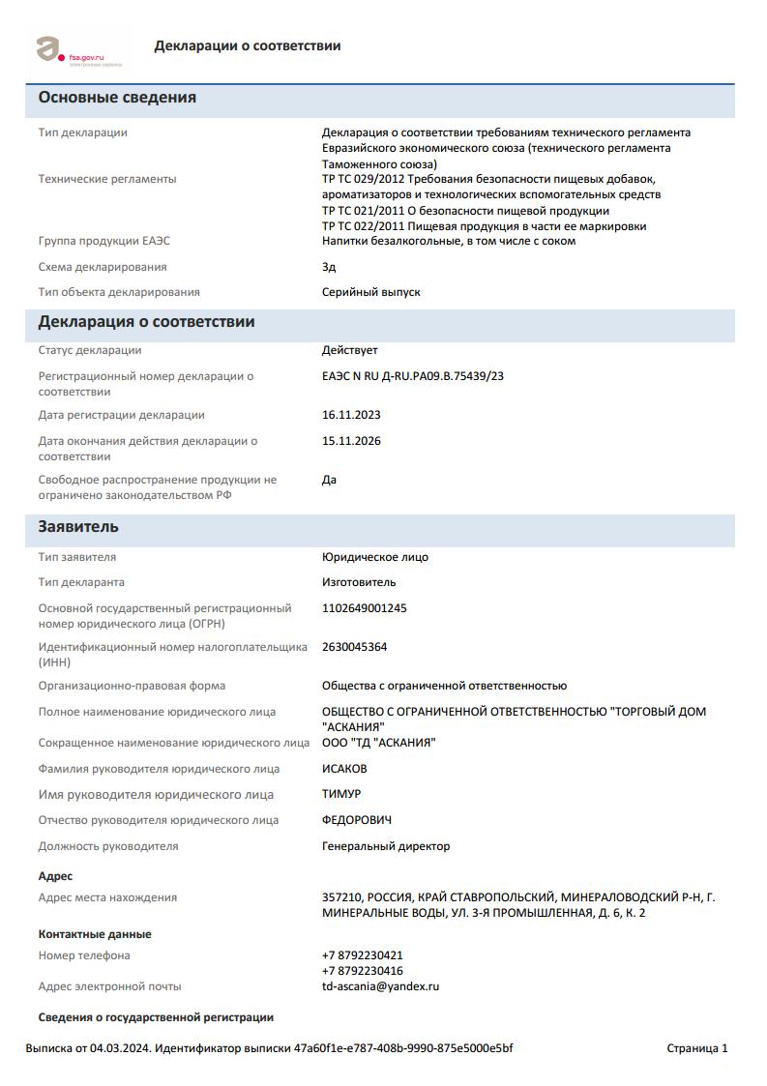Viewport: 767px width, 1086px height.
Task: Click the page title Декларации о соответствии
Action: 247,45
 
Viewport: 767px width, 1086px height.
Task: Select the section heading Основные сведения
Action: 117,98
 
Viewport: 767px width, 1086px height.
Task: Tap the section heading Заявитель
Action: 78,527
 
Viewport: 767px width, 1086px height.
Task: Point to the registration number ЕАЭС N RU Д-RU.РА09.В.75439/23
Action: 413,376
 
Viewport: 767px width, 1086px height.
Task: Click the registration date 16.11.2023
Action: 351,415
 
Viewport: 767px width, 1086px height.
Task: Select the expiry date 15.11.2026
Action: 351,441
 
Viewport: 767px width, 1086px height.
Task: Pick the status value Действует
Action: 350,350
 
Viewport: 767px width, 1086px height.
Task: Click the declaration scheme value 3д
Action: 329,267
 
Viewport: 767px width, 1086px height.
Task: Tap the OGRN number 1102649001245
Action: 365,608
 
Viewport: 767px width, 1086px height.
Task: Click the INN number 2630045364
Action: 354,647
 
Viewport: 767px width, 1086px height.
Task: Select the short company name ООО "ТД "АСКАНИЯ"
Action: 379,743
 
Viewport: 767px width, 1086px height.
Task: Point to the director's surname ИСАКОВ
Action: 344,769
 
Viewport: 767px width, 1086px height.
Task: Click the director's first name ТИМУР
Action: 341,795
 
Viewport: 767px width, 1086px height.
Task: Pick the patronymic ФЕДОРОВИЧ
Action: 357,820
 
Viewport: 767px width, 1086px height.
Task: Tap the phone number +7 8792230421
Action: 363,955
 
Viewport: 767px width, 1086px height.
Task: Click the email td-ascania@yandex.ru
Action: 380,986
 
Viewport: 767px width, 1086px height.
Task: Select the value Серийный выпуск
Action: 371,292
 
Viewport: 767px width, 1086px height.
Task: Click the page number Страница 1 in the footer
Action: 697,1048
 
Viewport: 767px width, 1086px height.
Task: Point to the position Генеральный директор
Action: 386,846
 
